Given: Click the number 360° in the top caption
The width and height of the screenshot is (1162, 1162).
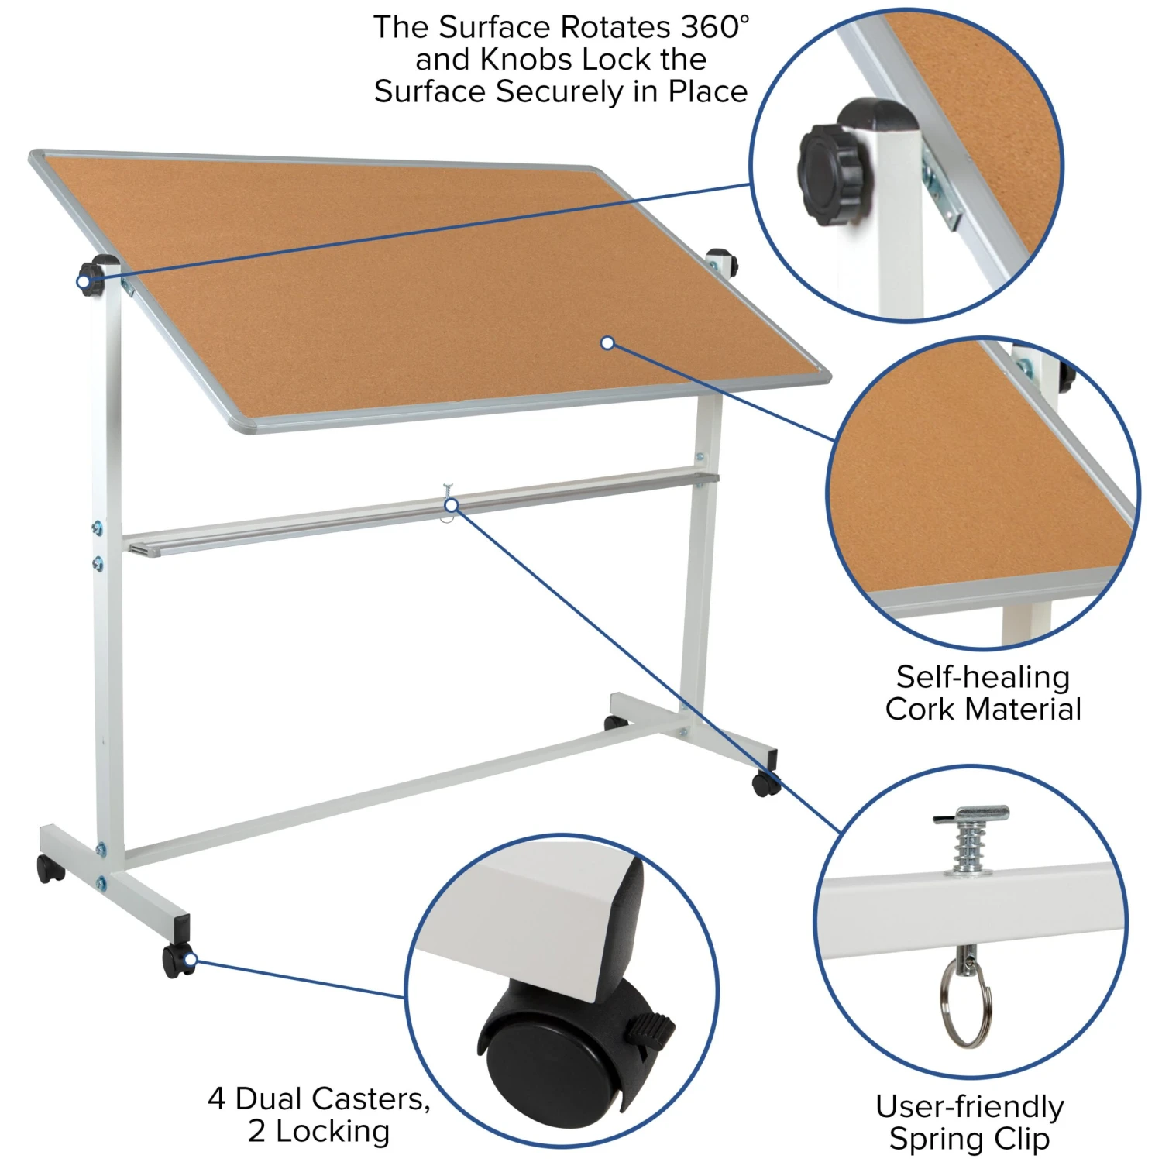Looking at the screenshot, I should pos(715,27).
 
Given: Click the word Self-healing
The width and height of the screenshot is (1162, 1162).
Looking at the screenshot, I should pos(983,678).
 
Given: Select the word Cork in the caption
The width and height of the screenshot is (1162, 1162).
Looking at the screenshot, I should pos(920,710).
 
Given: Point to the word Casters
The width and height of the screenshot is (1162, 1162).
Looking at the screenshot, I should pos(371,1098).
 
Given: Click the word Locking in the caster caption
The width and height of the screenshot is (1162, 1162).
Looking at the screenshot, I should pos(332,1132).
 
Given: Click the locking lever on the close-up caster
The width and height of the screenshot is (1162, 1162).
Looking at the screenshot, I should pos(649,1029).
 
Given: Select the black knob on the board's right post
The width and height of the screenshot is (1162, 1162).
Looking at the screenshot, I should pos(720,261).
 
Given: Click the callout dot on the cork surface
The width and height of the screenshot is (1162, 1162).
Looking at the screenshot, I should pos(607,342).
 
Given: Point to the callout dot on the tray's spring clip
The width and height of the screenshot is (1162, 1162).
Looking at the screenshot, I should pos(451,506).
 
